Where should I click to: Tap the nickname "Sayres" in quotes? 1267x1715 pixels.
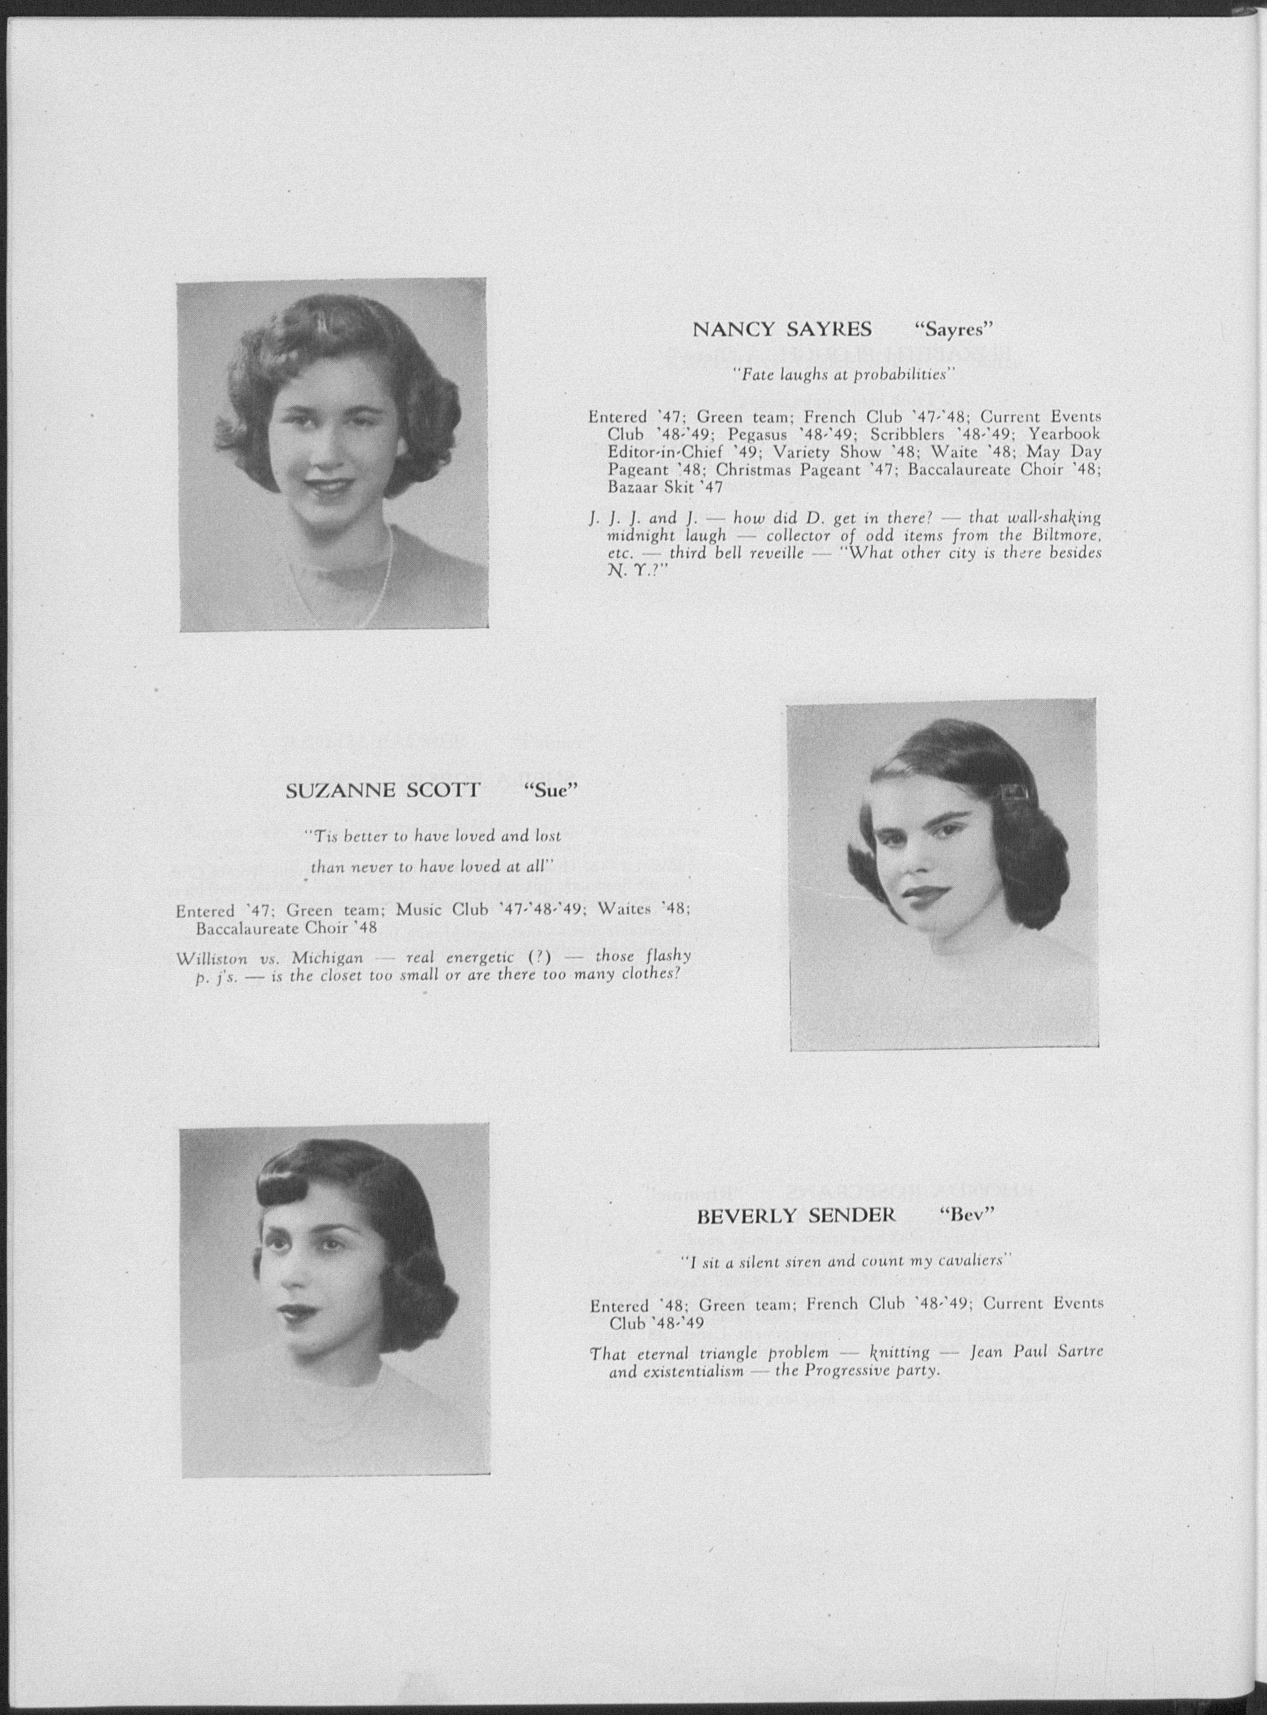(x=955, y=330)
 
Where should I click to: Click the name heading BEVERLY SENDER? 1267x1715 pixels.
(x=796, y=1216)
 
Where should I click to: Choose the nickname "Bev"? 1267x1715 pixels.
(x=966, y=1216)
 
